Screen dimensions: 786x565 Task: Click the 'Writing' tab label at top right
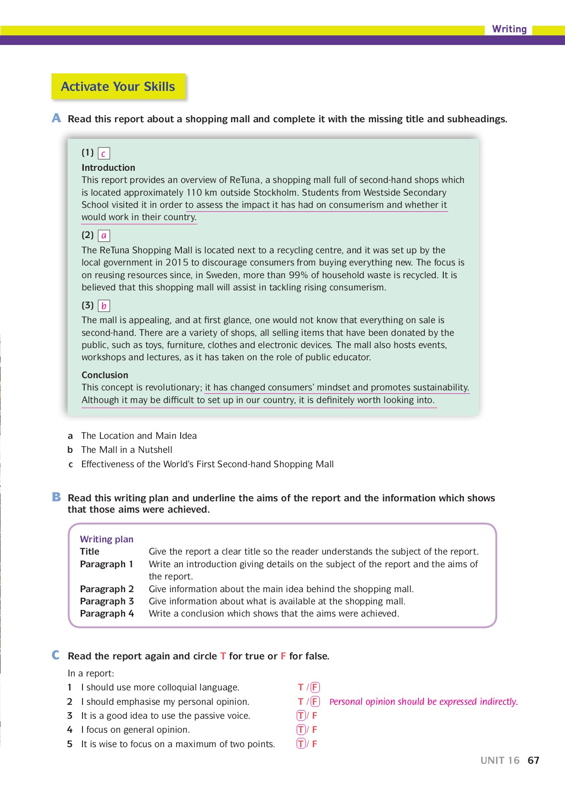[509, 29]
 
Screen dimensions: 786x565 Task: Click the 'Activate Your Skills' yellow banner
[118, 86]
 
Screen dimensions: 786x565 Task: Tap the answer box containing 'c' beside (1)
[104, 154]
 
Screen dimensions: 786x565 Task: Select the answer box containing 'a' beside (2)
[104, 236]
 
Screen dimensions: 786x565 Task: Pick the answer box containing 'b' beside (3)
[104, 306]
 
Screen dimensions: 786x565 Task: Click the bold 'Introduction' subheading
[108, 168]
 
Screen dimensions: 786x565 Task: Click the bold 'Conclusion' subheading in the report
[105, 375]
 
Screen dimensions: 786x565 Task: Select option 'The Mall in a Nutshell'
[127, 450]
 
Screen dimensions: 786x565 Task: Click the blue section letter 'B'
[56, 497]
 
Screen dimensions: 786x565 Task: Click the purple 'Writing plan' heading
[106, 539]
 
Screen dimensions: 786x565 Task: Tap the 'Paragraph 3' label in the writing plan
[107, 601]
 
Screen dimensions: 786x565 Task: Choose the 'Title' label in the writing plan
[89, 552]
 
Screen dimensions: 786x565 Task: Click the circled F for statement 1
[315, 687]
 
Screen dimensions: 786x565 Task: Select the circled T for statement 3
[301, 716]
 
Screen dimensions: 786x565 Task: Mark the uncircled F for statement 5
[315, 744]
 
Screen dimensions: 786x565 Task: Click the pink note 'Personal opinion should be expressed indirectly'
[423, 702]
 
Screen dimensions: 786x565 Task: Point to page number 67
[533, 761]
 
